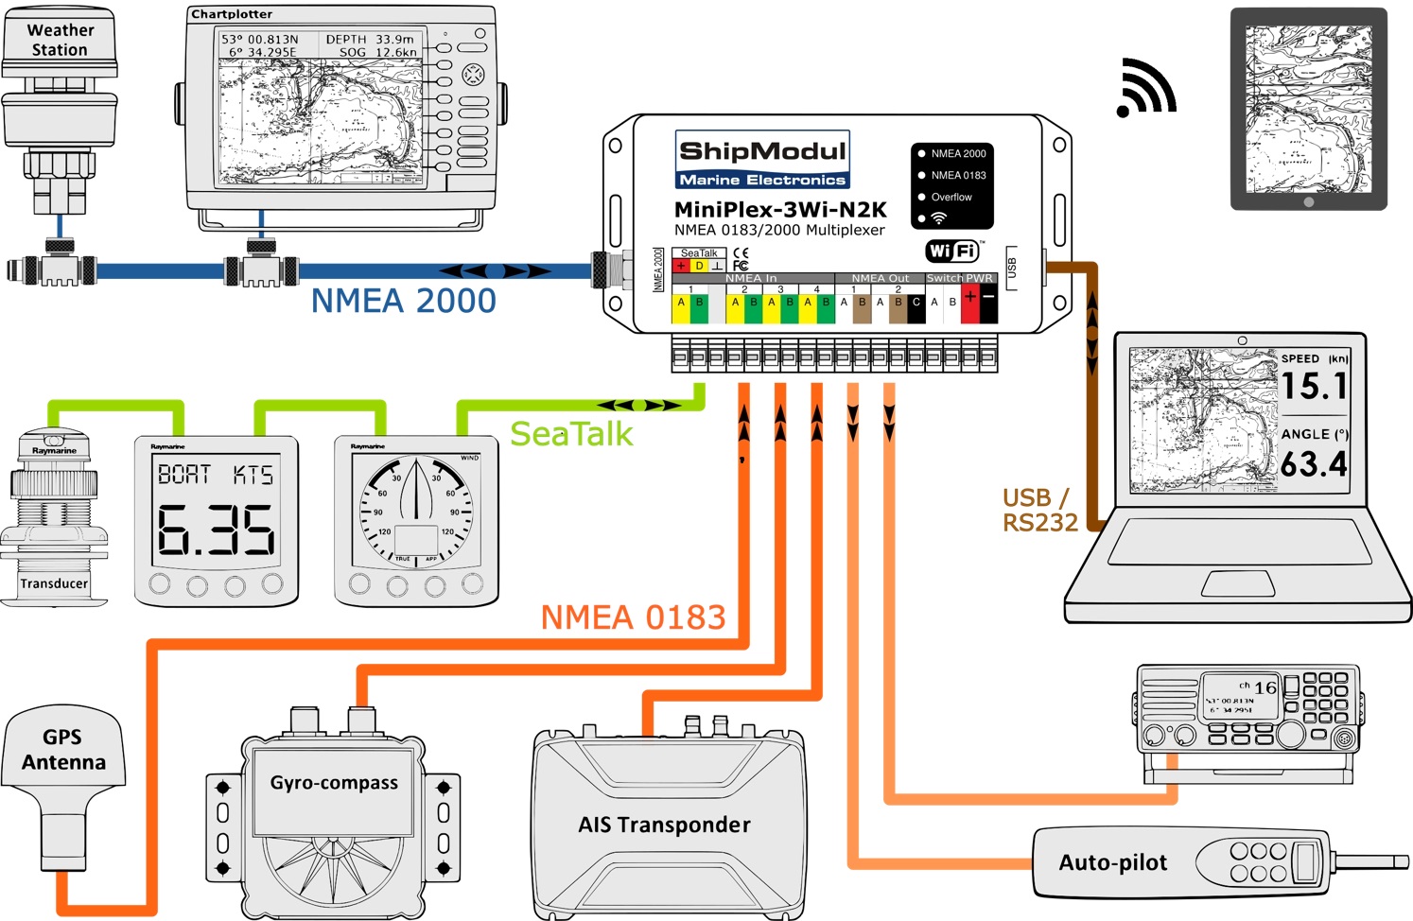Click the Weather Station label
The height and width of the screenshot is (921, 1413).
pyautogui.click(x=60, y=40)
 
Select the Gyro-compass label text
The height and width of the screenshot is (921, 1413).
pyautogui.click(x=334, y=783)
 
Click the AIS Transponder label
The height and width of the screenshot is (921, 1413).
pyautogui.click(x=664, y=825)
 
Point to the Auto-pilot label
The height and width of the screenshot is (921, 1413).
pyautogui.click(x=1113, y=862)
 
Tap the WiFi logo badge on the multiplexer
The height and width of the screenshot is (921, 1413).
pyautogui.click(x=952, y=251)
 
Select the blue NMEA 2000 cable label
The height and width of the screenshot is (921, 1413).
pyautogui.click(x=403, y=301)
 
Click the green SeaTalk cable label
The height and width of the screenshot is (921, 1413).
pyautogui.click(x=571, y=434)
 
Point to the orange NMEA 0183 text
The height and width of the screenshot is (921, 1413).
pyautogui.click(x=633, y=617)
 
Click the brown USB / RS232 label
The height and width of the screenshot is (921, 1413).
pyautogui.click(x=1039, y=511)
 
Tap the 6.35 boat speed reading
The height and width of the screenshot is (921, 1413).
pyautogui.click(x=216, y=530)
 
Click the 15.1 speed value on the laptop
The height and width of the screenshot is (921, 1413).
pyautogui.click(x=1314, y=386)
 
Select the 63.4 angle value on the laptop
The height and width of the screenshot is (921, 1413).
pyautogui.click(x=1314, y=464)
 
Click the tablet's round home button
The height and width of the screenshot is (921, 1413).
pyautogui.click(x=1308, y=202)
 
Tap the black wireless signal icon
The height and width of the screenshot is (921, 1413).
pyautogui.click(x=1145, y=89)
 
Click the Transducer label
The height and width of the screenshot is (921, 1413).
pyautogui.click(x=54, y=583)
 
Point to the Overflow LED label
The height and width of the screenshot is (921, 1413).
pyautogui.click(x=951, y=197)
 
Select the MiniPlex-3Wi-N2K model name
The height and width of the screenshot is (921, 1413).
pyautogui.click(x=780, y=210)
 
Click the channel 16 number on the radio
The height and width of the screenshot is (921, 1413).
pyautogui.click(x=1265, y=687)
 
